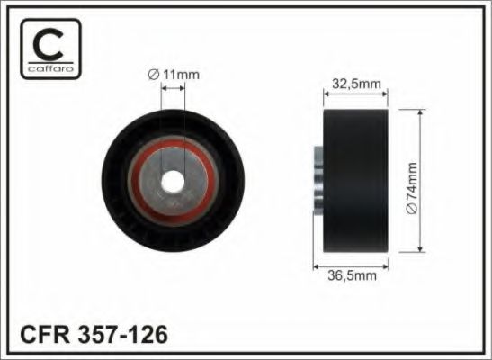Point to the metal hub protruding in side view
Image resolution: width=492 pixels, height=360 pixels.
pyautogui.click(x=318, y=180)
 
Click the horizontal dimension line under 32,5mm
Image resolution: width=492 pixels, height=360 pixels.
pyautogui.click(x=354, y=94)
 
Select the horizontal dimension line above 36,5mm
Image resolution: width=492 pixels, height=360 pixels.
pyautogui.click(x=352, y=266)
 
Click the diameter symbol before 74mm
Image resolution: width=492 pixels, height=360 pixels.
pyautogui.click(x=412, y=209)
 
